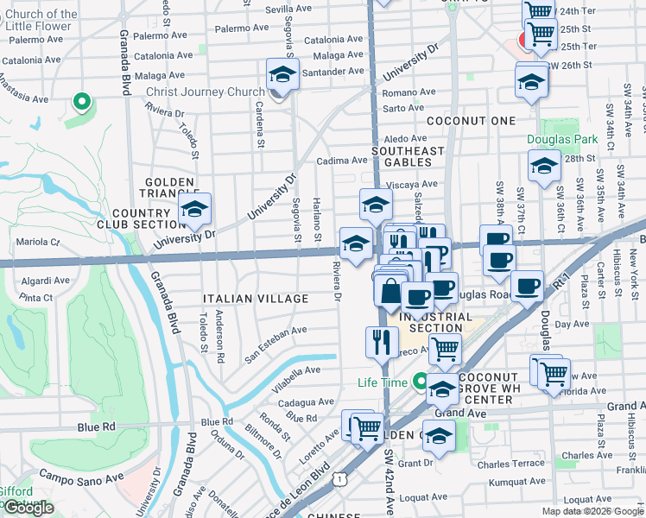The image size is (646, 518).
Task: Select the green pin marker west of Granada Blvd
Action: [x=82, y=103]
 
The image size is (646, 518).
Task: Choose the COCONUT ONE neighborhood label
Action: [x=471, y=121]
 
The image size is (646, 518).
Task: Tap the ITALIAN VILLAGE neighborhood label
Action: [x=255, y=299]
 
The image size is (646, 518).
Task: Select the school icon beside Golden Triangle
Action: [x=195, y=209]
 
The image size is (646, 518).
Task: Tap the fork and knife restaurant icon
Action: [x=382, y=342]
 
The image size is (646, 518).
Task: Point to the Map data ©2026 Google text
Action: [x=592, y=511]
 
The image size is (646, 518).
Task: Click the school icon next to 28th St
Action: [x=544, y=166]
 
